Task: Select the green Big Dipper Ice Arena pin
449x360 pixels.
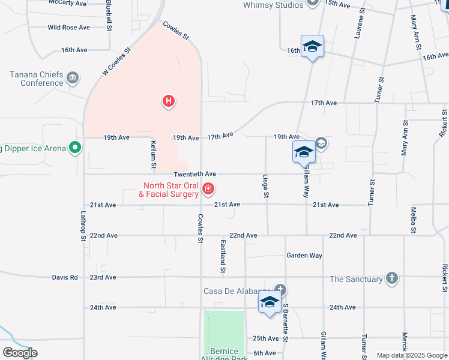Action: [75, 148]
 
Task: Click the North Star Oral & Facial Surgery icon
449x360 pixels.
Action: [208, 190]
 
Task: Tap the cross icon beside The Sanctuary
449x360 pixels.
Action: [391, 278]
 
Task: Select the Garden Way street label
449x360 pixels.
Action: [304, 256]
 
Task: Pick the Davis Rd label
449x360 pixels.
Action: [65, 278]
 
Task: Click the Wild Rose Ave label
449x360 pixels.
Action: [68, 28]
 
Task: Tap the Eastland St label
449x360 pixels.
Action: [223, 257]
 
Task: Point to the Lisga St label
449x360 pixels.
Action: [265, 187]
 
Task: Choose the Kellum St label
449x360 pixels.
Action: [154, 154]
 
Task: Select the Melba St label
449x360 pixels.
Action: [414, 220]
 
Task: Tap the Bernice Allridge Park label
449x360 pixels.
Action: [224, 354]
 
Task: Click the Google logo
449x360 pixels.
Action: [19, 352]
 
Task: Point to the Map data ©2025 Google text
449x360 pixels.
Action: [411, 355]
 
